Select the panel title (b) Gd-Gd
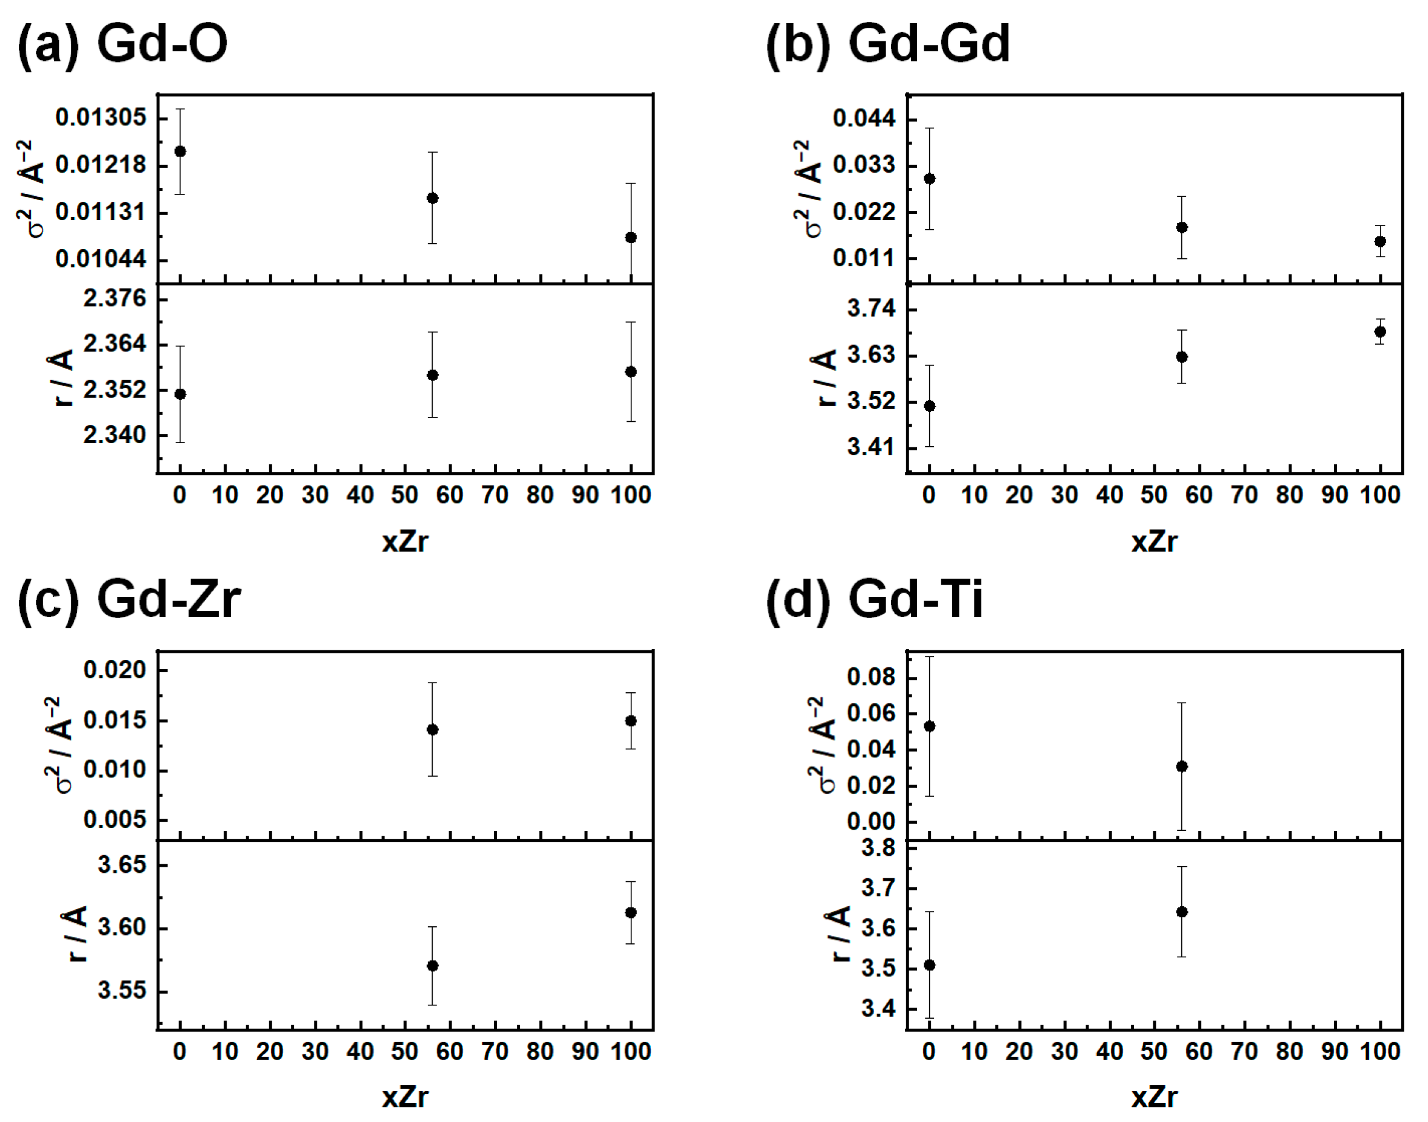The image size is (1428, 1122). pyautogui.click(x=887, y=43)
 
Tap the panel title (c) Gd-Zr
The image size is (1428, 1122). pyautogui.click(x=129, y=599)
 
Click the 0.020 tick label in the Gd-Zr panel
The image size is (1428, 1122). pyautogui.click(x=115, y=670)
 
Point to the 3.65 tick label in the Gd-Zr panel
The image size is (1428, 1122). pyautogui.click(x=122, y=865)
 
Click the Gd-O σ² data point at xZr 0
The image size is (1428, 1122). pyautogui.click(x=180, y=152)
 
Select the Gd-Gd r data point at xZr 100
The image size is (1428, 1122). pyautogui.click(x=1380, y=332)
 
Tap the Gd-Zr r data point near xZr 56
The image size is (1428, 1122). pyautogui.click(x=432, y=966)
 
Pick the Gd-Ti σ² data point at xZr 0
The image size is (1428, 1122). pyautogui.click(x=930, y=726)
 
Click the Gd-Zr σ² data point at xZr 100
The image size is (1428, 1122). pyautogui.click(x=631, y=721)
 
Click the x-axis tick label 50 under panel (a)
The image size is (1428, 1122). pyautogui.click(x=405, y=495)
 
